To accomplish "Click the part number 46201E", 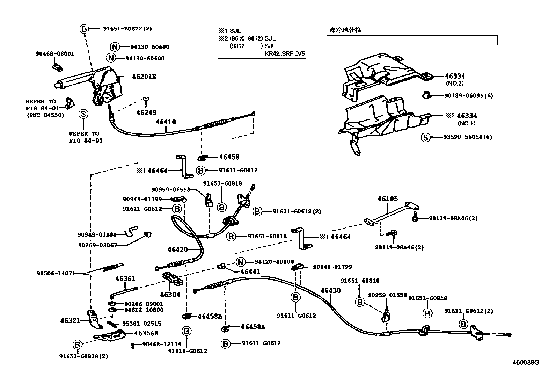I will [144, 77].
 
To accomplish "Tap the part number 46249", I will [146, 113].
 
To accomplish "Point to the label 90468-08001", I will [55, 54].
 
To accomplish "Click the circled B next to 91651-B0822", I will [84, 29].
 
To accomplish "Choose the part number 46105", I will [388, 199].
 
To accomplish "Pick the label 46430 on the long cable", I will [330, 290].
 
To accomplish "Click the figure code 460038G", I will [526, 362].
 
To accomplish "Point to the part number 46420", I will [177, 249].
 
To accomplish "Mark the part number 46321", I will [71, 320].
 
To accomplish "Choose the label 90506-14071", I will [56, 273].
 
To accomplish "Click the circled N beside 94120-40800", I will [240, 262].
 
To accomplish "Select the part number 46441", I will [250, 271].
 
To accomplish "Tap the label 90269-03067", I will [97, 245].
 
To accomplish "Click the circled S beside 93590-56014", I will [425, 137].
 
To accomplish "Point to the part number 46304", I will [170, 295].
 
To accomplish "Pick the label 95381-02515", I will [141, 324].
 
